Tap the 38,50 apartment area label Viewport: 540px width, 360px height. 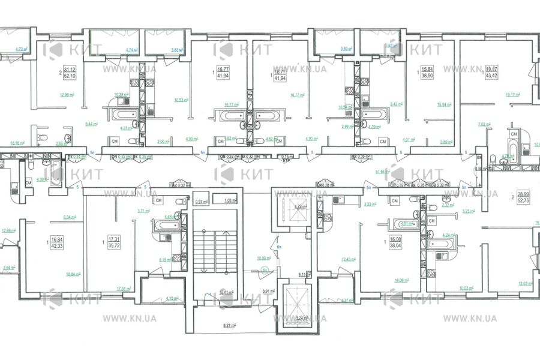pyautogui.click(x=428, y=77)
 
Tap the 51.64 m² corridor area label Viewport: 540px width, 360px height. pyautogui.click(x=380, y=172)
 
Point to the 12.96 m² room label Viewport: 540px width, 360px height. pyautogui.click(x=50, y=94)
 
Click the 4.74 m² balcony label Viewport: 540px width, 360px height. pyautogui.click(x=131, y=50)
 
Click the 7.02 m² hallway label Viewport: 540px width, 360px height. pyautogui.click(x=485, y=124)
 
